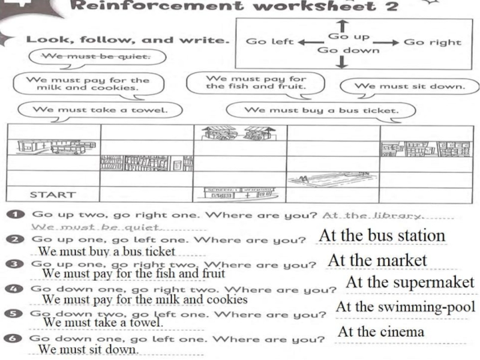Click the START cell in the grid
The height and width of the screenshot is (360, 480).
[x=53, y=194]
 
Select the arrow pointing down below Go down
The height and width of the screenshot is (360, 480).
[x=341, y=62]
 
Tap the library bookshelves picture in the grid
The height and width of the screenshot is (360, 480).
[x=146, y=163]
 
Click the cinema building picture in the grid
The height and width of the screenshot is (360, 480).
[x=240, y=192]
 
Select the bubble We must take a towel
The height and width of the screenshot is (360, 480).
[x=99, y=110]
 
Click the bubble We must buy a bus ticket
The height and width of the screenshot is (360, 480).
[x=322, y=110]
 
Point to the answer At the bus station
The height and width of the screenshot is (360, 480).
[x=382, y=236]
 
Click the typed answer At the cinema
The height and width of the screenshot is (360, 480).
[x=381, y=332]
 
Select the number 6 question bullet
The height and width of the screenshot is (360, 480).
[x=18, y=338]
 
